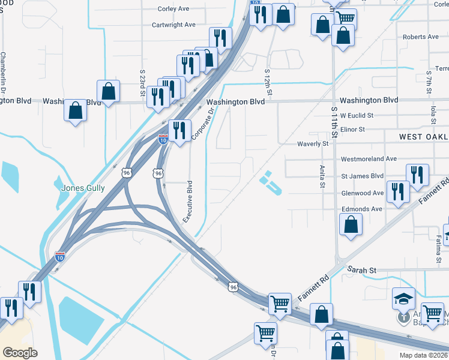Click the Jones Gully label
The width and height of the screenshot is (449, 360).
(83, 188)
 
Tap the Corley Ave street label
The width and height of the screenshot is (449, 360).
(173, 9)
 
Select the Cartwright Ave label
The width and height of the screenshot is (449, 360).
(173, 25)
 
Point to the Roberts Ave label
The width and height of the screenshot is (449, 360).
(421, 37)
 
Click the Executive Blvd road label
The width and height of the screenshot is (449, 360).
(188, 202)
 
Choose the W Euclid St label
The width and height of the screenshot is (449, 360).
(357, 115)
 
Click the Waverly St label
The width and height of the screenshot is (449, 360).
(313, 144)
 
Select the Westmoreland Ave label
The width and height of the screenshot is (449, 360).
(369, 159)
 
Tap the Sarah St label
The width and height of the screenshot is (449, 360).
(362, 271)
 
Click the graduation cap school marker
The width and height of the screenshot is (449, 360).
(403, 298)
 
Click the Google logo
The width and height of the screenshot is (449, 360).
(20, 352)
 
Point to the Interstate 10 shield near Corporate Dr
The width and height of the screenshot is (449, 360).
(163, 139)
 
